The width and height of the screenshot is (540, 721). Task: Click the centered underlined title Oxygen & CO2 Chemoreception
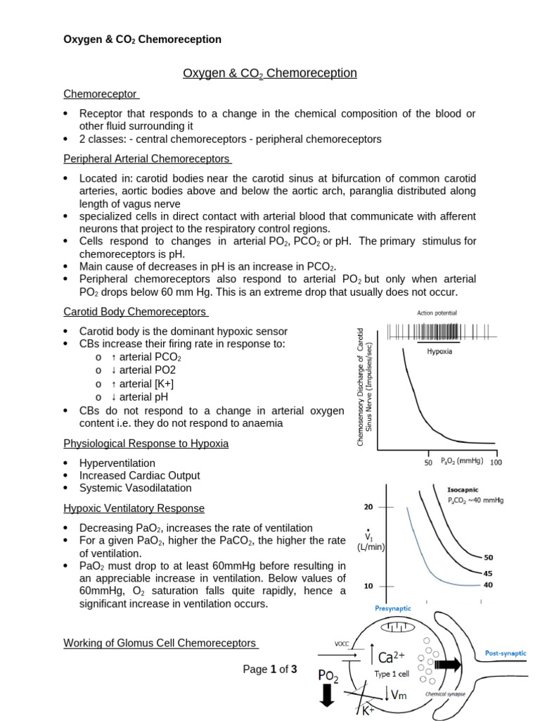click(x=270, y=73)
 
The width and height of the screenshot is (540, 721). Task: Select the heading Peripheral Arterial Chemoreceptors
click(x=147, y=158)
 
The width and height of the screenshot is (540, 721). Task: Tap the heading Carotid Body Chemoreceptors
click(x=135, y=311)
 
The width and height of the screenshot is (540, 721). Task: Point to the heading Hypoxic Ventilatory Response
click(x=134, y=508)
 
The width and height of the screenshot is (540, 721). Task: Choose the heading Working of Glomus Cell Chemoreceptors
click(x=160, y=643)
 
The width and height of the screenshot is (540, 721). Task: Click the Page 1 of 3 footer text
click(x=270, y=670)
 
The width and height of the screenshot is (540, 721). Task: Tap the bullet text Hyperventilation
click(x=117, y=463)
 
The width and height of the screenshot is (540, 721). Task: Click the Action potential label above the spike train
click(x=437, y=313)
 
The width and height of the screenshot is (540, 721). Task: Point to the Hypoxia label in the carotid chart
click(x=439, y=351)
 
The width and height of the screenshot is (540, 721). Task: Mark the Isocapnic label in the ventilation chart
click(x=465, y=489)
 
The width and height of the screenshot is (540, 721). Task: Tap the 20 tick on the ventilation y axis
click(x=368, y=507)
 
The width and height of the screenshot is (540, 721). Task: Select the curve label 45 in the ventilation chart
click(x=487, y=572)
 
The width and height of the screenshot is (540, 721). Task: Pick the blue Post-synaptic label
click(x=506, y=653)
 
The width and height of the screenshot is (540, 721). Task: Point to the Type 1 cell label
click(x=392, y=674)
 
